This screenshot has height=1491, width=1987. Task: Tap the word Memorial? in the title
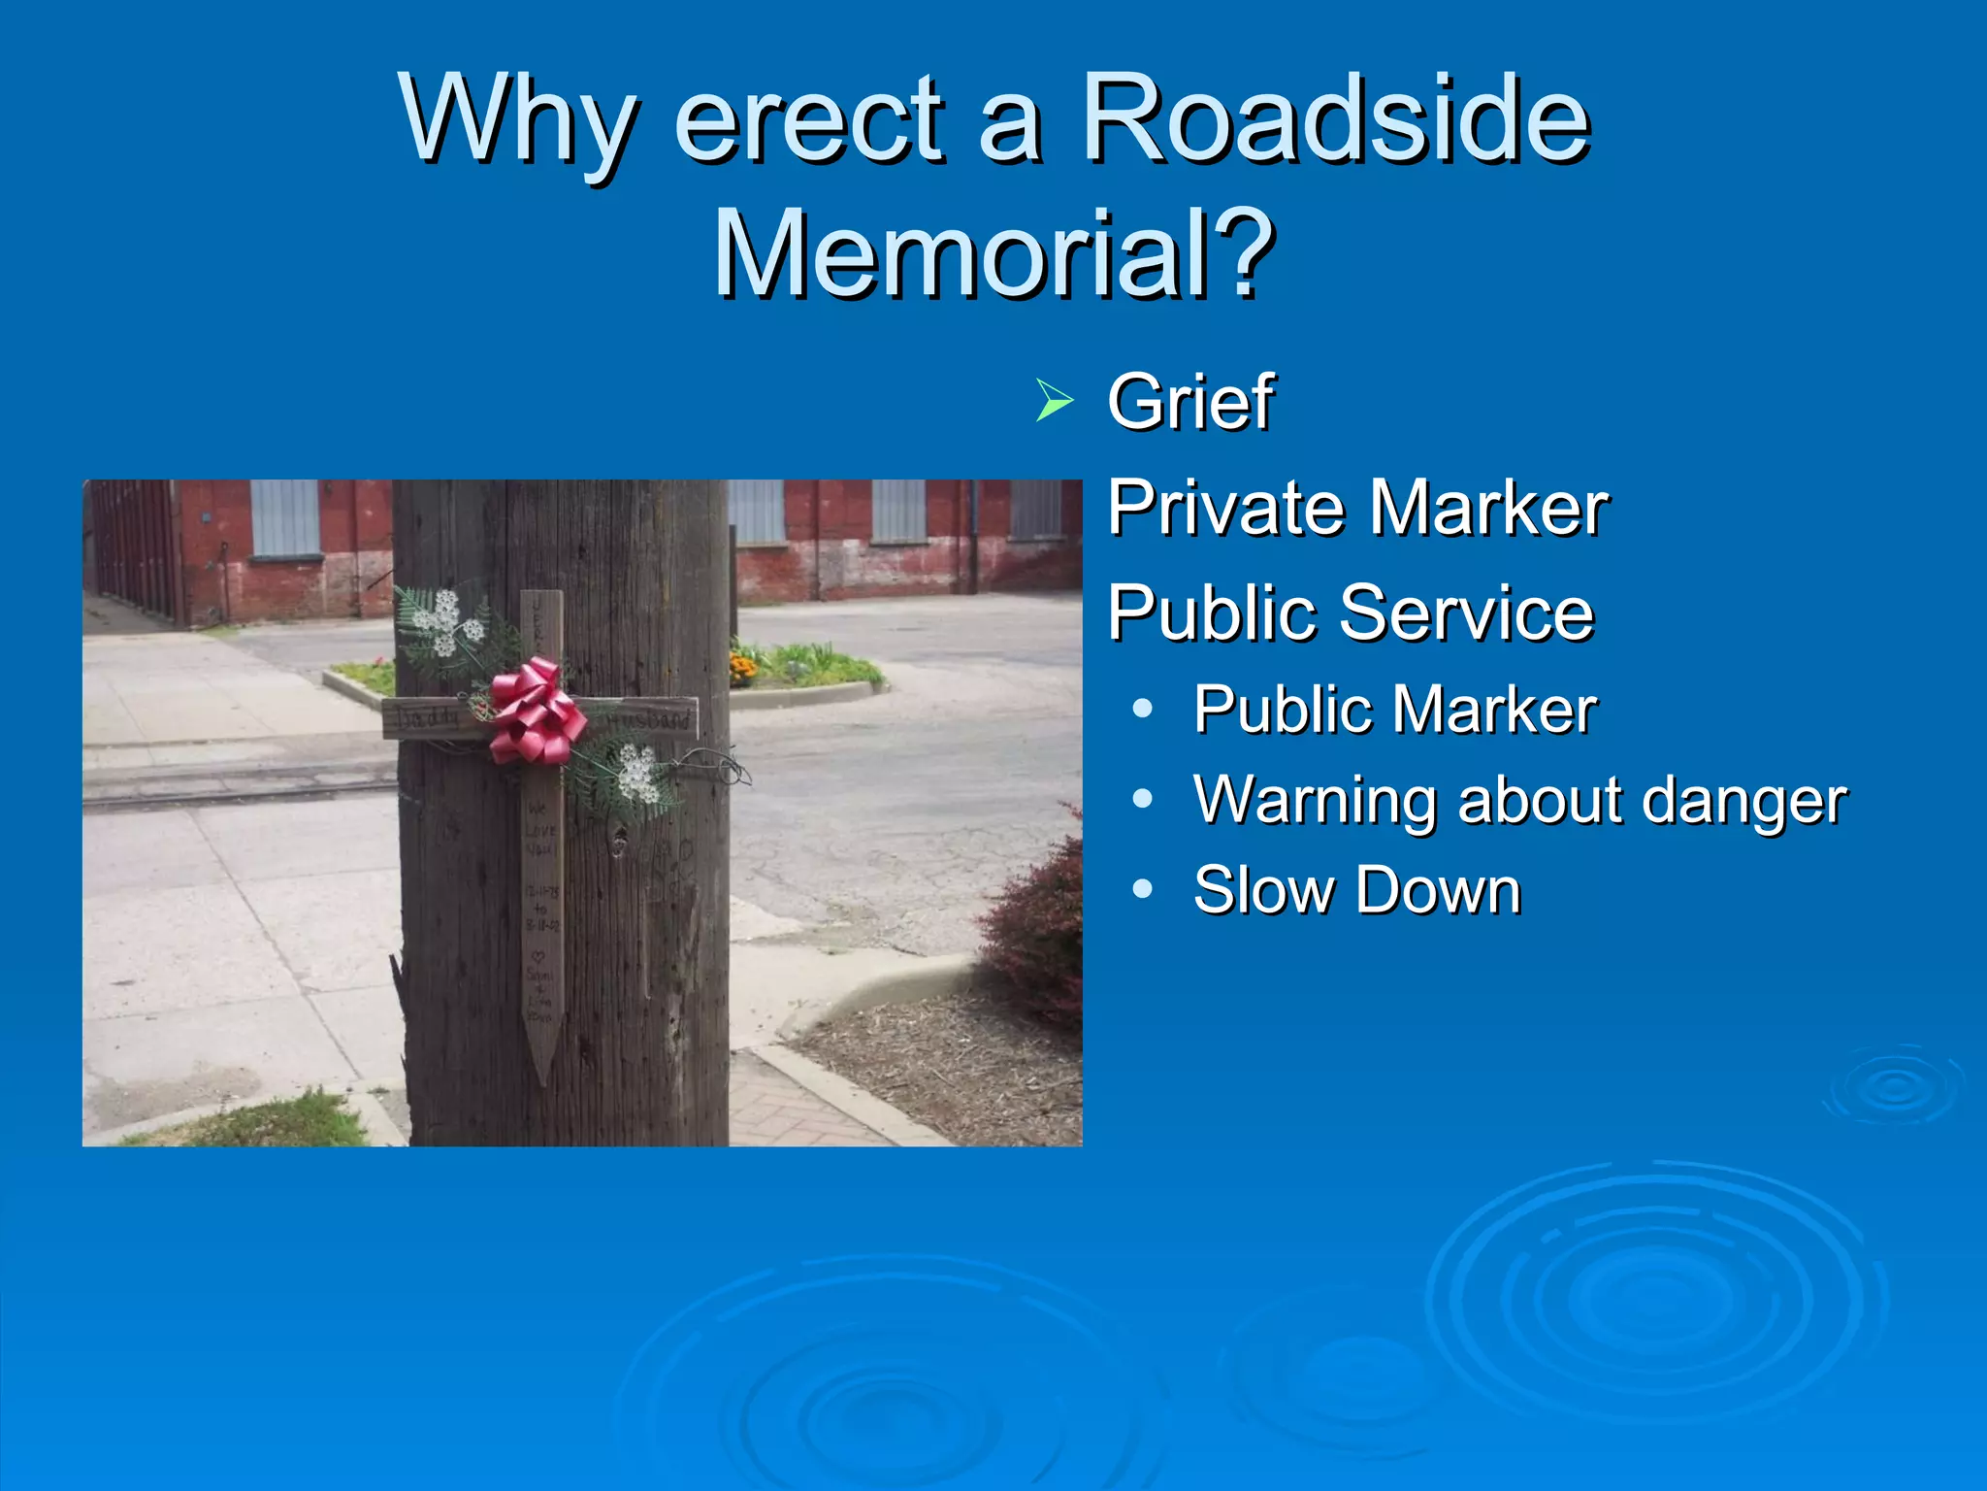[x=993, y=254]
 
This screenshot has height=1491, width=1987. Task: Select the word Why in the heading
[x=519, y=121]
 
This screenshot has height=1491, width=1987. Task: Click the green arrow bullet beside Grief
[x=1054, y=401]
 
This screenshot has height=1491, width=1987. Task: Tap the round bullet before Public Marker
[x=1143, y=709]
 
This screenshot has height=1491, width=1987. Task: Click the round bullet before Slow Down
[x=1143, y=889]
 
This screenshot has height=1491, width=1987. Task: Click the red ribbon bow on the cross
[x=535, y=711]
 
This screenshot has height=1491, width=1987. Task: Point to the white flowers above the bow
[x=444, y=622]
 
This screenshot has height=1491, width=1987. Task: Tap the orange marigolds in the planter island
[x=743, y=667]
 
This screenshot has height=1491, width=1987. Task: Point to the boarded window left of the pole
[x=285, y=518]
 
